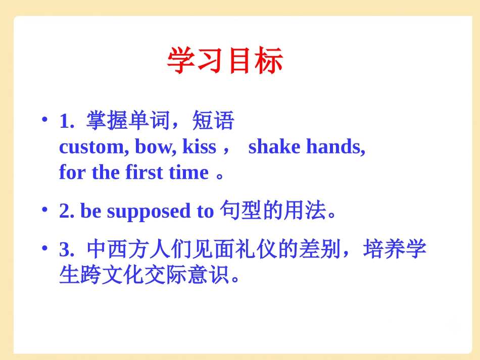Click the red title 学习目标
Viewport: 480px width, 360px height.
pyautogui.click(x=225, y=62)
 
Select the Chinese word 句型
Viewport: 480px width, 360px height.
pyautogui.click(x=241, y=211)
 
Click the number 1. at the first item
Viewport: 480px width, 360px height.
pyautogui.click(x=67, y=121)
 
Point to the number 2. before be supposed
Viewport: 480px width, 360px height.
pyautogui.click(x=67, y=212)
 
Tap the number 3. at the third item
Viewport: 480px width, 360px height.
pyautogui.click(x=67, y=250)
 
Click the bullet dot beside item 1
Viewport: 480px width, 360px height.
pyautogui.click(x=44, y=120)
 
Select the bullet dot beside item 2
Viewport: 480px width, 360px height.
pyautogui.click(x=44, y=209)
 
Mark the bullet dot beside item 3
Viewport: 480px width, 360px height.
pyautogui.click(x=44, y=247)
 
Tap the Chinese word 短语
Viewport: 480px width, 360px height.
pyautogui.click(x=213, y=121)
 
